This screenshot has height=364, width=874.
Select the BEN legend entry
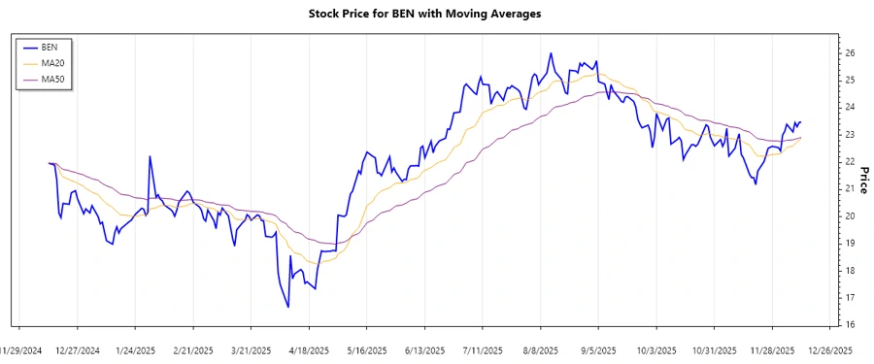pos(50,48)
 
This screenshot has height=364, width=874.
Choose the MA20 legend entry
pos(52,63)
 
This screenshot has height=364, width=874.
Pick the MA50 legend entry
pos(52,79)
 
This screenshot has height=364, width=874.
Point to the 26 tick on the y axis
pos(849,52)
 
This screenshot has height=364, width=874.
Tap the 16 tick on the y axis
pos(849,324)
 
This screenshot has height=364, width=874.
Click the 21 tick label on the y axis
pos(849,188)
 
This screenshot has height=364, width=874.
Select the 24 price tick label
pos(849,107)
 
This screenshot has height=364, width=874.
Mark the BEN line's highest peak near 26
pos(551,53)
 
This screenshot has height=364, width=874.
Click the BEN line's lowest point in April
pos(288,308)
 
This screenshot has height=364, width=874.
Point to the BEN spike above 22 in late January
pos(150,155)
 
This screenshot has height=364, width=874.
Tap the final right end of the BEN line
pos(800,121)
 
